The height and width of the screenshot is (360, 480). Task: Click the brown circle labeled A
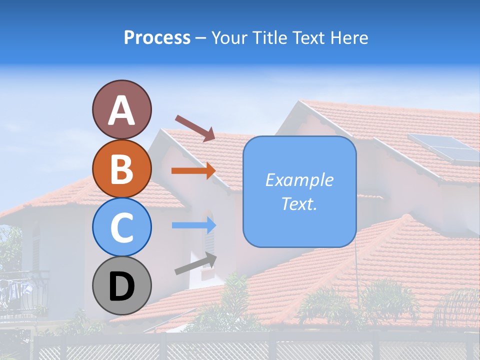point(121,109)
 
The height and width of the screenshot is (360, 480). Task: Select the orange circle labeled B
point(121,168)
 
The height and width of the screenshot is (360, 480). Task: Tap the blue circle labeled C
point(121,227)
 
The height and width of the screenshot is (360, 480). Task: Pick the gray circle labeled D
point(121,285)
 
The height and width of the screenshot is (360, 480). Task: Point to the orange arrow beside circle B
point(193,170)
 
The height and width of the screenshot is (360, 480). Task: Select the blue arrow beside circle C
point(193,225)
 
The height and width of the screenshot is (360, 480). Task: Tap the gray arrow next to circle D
point(195,263)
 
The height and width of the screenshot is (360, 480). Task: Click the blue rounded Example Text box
point(299,192)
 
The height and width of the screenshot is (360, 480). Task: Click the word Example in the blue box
point(299,180)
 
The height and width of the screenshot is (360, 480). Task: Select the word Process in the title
point(157,37)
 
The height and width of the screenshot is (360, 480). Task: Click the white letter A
point(121,110)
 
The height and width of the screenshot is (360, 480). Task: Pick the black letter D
point(121,286)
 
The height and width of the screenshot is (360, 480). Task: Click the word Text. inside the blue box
point(299,203)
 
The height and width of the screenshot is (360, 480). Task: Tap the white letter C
point(121,227)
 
